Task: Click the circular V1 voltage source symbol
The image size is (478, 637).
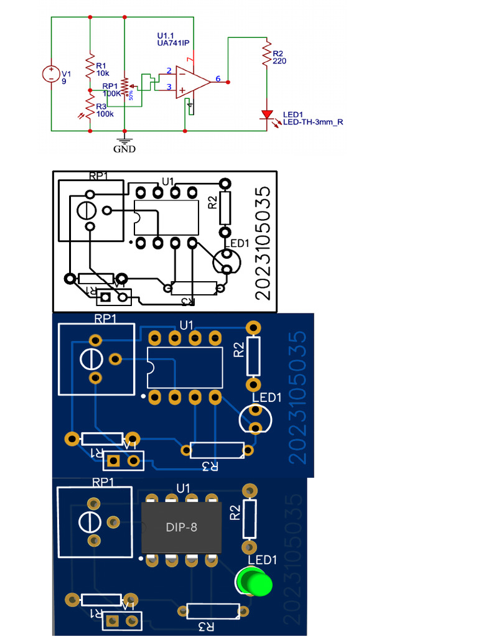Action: pos(50,74)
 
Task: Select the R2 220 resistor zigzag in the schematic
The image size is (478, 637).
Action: pos(267,55)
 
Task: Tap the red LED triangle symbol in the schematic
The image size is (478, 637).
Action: pos(267,115)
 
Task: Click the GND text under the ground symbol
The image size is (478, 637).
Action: pos(124,149)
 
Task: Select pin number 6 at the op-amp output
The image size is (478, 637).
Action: pos(218,78)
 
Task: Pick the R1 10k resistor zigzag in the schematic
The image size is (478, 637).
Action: pos(91,66)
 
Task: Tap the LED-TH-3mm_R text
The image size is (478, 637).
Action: pos(312,123)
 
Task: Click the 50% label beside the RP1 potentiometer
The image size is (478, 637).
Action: pos(131,95)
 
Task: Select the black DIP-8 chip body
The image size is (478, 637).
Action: pos(182,527)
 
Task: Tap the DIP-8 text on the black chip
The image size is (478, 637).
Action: pos(182,527)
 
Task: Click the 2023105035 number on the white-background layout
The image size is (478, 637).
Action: pos(263,243)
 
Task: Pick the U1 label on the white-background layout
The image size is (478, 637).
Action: pos(167,181)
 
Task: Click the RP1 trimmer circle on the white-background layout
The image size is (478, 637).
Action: pos(85,210)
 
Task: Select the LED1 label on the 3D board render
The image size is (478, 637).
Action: pos(262,560)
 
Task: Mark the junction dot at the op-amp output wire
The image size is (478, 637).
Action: pos(228,82)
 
